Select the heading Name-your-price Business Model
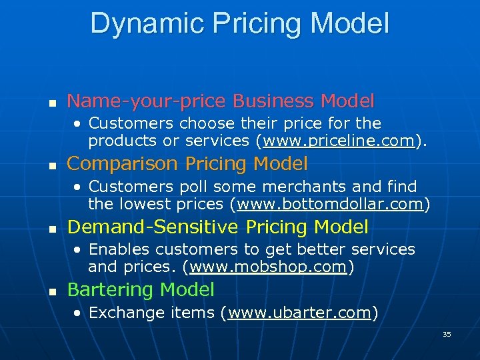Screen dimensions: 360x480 (x=221, y=101)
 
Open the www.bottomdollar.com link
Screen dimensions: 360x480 (x=331, y=204)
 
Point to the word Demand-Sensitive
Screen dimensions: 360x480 (x=153, y=227)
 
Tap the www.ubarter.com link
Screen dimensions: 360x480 (x=299, y=313)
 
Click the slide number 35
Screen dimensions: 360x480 (x=447, y=334)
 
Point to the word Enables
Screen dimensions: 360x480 (x=114, y=249)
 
